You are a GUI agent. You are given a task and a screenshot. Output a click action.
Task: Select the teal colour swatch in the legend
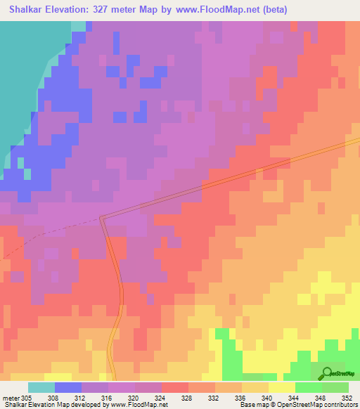[x=41, y=387]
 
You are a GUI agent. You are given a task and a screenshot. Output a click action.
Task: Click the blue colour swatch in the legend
[x=68, y=387]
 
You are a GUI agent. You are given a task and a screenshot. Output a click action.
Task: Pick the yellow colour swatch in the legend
[x=281, y=387]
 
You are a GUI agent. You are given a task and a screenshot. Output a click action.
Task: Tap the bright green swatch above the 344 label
[x=308, y=387]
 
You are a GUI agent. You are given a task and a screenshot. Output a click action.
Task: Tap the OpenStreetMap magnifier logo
[x=326, y=374]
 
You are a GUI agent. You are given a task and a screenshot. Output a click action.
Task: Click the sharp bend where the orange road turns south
[x=102, y=218]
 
